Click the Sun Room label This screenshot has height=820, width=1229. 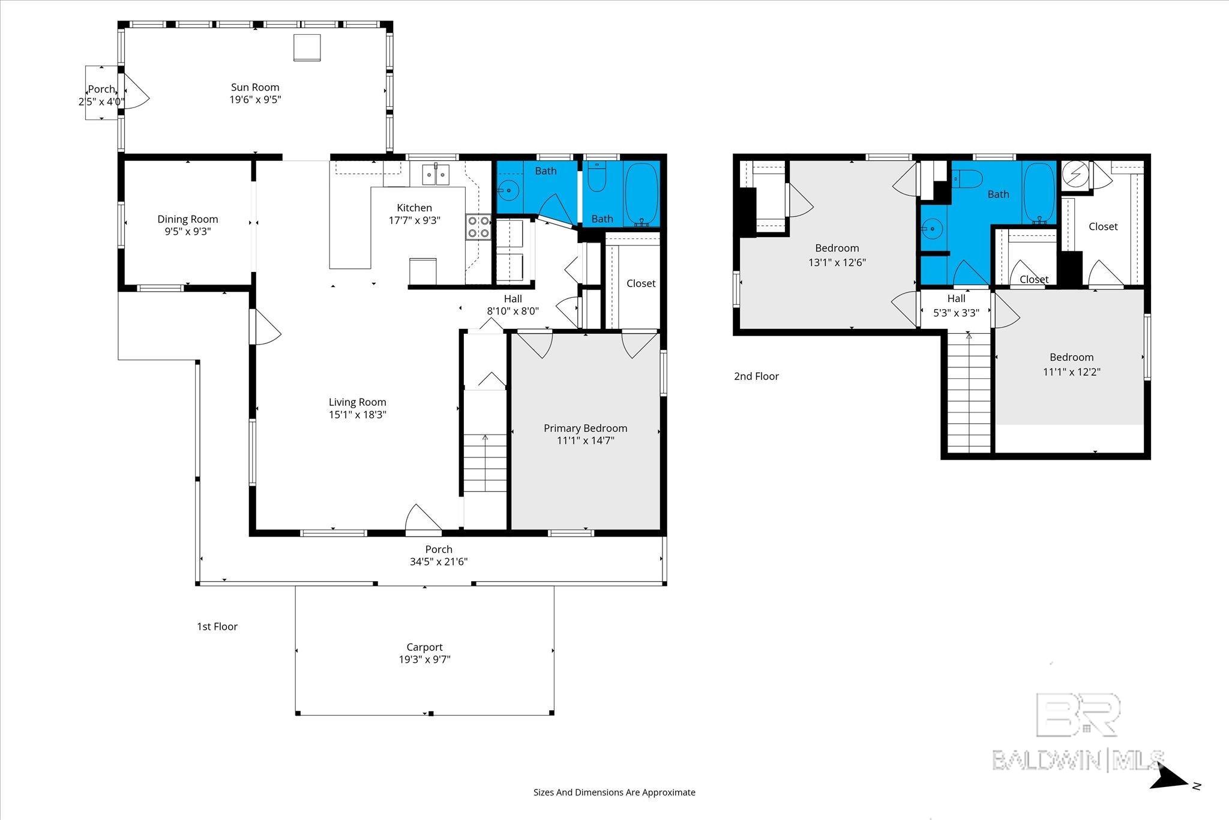(255, 88)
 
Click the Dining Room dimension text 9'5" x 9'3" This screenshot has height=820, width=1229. (188, 231)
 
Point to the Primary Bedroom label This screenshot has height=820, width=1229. (585, 428)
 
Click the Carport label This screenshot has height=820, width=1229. (424, 647)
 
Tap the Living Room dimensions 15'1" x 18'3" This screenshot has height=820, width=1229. (357, 414)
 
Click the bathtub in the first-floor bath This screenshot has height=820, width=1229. (642, 194)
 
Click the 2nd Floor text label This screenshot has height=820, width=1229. (756, 376)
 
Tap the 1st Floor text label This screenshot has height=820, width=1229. (217, 627)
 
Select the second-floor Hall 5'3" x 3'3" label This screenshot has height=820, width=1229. (956, 305)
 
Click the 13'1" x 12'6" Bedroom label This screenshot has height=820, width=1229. (837, 255)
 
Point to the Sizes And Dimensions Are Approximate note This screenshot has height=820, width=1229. (614, 792)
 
